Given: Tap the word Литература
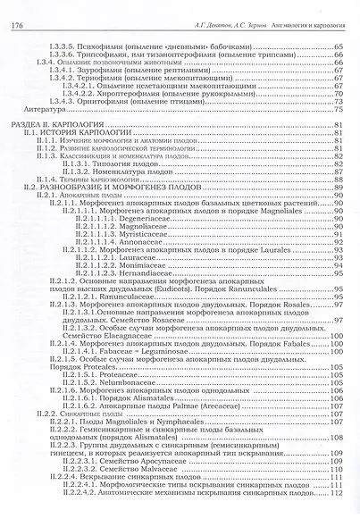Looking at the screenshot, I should (x=59, y=108).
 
